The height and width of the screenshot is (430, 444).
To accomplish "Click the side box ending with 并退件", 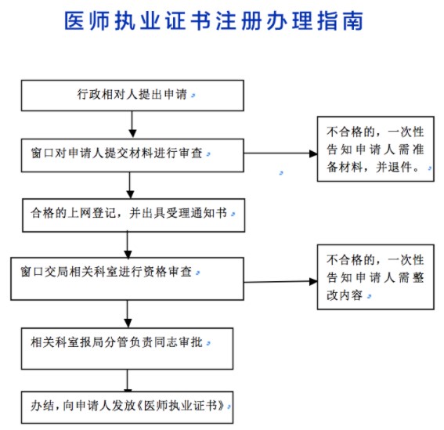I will pos(375,148).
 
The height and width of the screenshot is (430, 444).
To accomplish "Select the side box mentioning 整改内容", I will pos(375,277).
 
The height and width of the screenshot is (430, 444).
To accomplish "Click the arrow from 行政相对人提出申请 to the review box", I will pos(132,123).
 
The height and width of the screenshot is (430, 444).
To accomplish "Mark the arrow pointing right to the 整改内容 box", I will pos(278,271).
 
